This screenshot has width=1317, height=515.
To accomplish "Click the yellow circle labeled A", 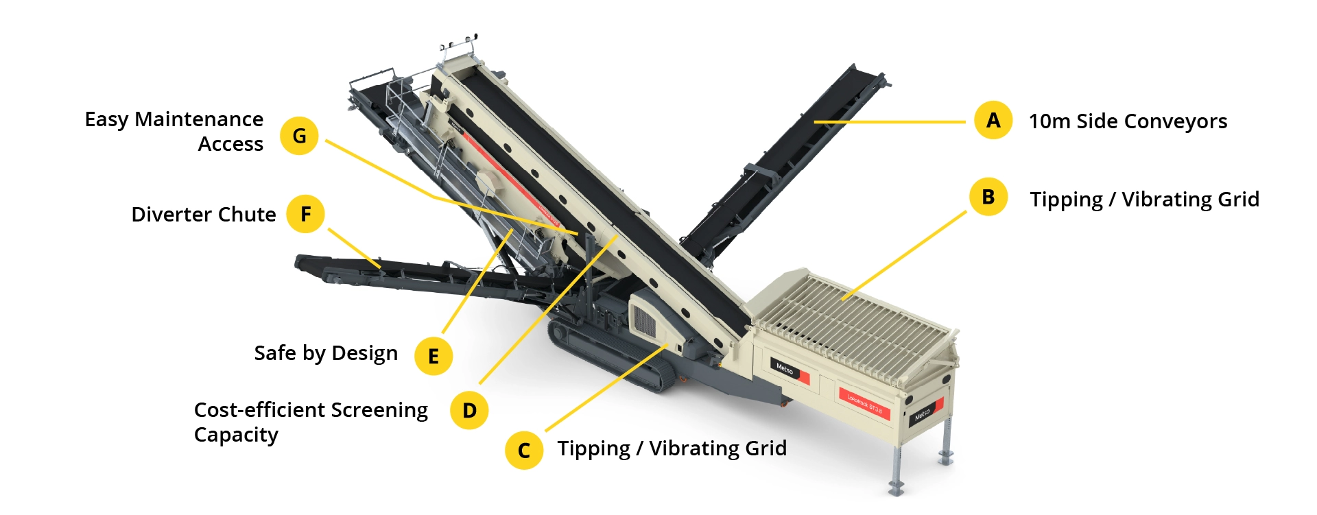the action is pos(993,120).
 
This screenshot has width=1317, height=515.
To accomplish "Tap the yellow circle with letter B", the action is pos(988,197).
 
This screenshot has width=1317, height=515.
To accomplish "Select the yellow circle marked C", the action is pos(524,451).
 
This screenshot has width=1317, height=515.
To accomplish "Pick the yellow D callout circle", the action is pos(469,410).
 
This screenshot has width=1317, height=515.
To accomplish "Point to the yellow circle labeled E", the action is pos(434,356).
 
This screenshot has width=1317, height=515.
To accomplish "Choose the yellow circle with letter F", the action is pos(306,214).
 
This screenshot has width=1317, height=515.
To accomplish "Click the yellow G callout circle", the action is pos(299,136).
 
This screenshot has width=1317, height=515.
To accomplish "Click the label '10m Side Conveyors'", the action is pos(1128,121).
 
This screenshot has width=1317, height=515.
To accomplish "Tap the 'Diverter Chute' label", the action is pos(204,215).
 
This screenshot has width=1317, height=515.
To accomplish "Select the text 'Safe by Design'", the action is pos(326,353).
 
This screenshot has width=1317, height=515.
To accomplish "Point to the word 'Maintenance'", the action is pos(199,119).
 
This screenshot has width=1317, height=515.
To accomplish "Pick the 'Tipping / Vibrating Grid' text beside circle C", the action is pos(672,448).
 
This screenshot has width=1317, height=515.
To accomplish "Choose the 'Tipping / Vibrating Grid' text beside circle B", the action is pos(1144,200).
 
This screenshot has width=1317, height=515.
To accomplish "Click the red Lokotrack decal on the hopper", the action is pos(864,403).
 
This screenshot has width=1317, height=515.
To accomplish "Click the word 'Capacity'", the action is pos(236,435).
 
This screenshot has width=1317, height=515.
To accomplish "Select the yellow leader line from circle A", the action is pos(890,122).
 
